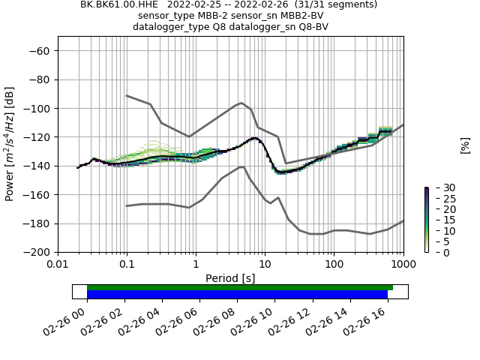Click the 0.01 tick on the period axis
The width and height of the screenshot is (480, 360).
tap(58, 264)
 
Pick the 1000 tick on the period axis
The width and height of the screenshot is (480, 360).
tap(403, 264)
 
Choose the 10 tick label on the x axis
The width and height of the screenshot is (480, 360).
tap(265, 264)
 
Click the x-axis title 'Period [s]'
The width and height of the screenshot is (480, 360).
tap(230, 277)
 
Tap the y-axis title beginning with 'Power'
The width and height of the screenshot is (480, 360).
tap(10, 144)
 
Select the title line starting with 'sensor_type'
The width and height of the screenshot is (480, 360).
tap(230, 16)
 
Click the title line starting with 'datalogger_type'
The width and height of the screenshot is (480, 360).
tap(230, 27)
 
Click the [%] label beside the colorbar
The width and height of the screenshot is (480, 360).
tap(464, 145)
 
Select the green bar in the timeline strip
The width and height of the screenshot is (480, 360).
tap(240, 287)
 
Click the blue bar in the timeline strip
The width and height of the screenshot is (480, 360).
tap(237, 295)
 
